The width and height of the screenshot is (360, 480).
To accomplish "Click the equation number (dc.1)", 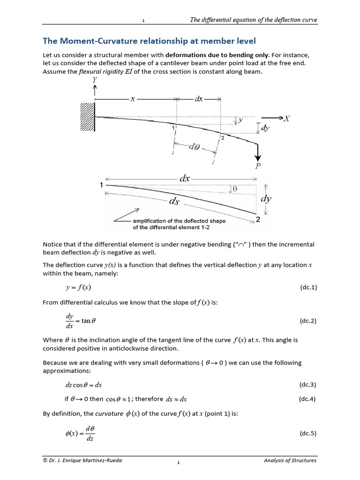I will tap(308, 287).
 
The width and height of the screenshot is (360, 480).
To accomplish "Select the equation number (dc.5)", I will tap(308, 434).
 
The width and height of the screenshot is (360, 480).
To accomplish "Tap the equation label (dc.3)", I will tap(308, 385).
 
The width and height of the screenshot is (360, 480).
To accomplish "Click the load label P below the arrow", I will tap(257, 165).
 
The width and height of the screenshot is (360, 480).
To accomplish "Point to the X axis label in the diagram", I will tap(286, 119).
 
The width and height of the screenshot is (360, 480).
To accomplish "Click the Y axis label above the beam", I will tap(95, 80).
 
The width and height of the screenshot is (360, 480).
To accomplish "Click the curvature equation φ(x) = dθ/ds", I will tap(80, 434).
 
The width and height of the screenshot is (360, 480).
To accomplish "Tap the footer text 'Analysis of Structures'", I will tap(290, 460).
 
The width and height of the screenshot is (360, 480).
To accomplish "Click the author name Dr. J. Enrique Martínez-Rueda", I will tap(83, 460).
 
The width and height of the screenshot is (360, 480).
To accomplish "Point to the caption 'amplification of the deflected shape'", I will tap(179, 221).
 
